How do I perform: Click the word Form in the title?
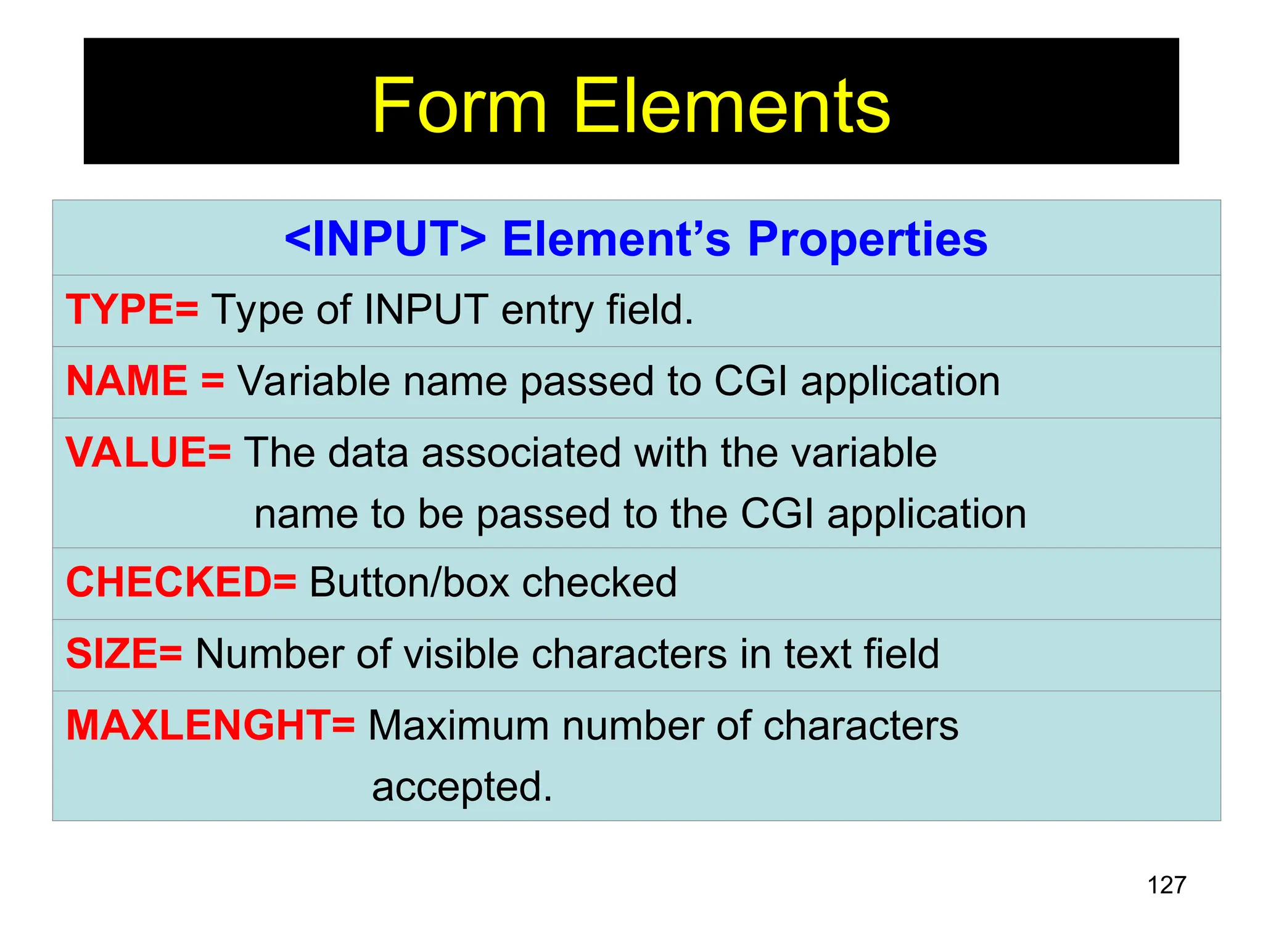point(459,106)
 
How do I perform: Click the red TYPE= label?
point(132,310)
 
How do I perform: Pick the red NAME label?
point(127,381)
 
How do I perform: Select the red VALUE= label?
point(148,453)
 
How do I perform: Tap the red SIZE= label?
point(124,654)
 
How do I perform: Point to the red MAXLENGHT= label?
point(210,726)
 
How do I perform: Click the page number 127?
point(1166,885)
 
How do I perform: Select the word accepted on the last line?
point(461,787)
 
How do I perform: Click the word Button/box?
point(409,583)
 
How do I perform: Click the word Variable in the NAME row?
point(314,381)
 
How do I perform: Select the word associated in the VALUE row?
point(521,453)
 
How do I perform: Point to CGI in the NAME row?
point(751,381)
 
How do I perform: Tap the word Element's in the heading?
point(616,239)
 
